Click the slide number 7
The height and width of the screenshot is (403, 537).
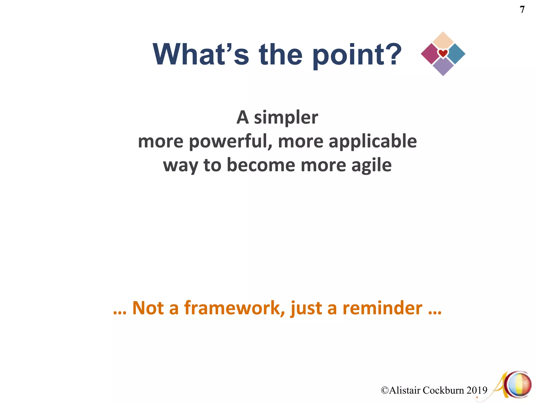click(x=522, y=10)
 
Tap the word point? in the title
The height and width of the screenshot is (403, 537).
click(x=357, y=55)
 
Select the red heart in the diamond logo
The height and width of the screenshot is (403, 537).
click(x=443, y=54)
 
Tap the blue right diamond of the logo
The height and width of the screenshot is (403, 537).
click(x=457, y=54)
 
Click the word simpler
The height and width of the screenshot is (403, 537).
click(x=286, y=118)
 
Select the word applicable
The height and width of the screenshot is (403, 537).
click(x=373, y=142)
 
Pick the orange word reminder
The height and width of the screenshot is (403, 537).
click(x=383, y=308)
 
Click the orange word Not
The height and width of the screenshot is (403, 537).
click(x=148, y=308)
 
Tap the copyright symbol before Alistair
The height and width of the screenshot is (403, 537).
click(x=385, y=390)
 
